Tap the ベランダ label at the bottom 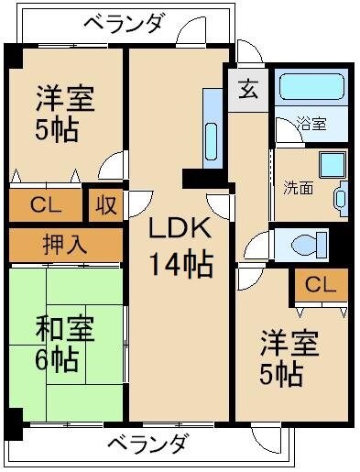point(149,445)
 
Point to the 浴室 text point(311,124)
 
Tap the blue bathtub point(311,87)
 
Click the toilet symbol point(302,244)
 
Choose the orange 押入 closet point(65,244)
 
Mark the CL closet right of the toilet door point(321,285)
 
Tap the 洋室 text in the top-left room point(65,96)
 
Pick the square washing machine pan point(331,164)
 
